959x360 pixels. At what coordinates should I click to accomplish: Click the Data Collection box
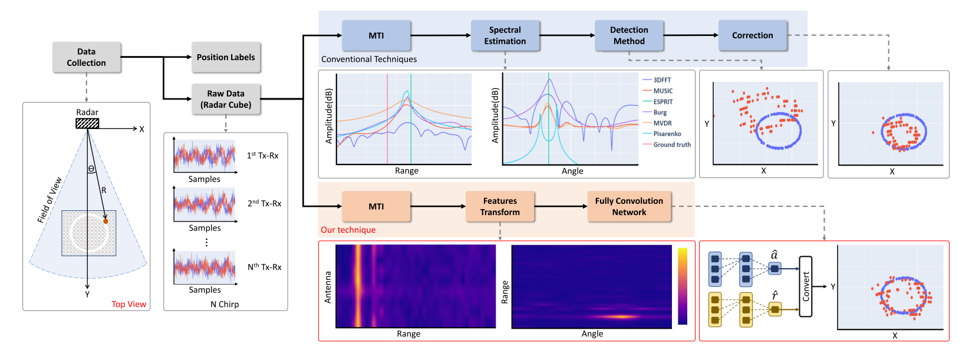[x=87, y=57]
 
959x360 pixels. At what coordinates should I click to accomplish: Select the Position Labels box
[x=226, y=57]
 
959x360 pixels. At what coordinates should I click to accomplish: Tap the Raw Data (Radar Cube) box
[x=226, y=99]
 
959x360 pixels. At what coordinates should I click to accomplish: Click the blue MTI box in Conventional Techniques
[x=376, y=35]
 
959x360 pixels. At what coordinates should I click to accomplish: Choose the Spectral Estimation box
[x=505, y=35]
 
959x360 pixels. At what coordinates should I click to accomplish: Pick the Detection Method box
[x=629, y=35]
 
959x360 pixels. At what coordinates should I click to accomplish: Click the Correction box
[x=753, y=35]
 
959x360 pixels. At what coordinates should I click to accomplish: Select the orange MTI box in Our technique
[x=376, y=206]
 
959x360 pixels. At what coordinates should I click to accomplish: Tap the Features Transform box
[x=500, y=206]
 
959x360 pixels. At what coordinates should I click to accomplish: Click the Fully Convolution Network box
[x=629, y=206]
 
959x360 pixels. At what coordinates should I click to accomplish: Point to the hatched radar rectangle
[x=87, y=124]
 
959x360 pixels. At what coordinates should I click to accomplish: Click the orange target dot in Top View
[x=106, y=222]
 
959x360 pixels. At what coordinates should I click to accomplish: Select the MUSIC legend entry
[x=658, y=91]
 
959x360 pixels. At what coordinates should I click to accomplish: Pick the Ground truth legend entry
[x=667, y=145]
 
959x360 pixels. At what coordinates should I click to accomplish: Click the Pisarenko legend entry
[x=662, y=134]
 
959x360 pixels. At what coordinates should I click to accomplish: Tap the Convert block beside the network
[x=806, y=286]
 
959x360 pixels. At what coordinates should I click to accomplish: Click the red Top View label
[x=129, y=304]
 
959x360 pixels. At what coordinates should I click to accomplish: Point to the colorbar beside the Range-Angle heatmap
[x=683, y=286]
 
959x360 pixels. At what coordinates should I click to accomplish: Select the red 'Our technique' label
[x=348, y=230]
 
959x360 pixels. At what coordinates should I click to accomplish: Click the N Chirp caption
[x=225, y=305]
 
